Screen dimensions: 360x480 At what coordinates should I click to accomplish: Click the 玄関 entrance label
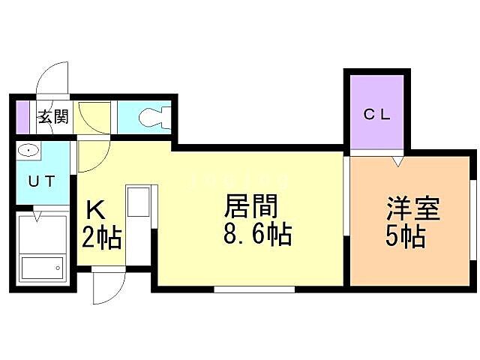tap(53, 116)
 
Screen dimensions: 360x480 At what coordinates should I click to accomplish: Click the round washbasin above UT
tap(28, 151)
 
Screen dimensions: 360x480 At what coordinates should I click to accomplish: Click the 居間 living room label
tap(252, 206)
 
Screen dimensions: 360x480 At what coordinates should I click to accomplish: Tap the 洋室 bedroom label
tap(412, 208)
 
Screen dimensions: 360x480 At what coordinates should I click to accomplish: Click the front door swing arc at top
tap(52, 76)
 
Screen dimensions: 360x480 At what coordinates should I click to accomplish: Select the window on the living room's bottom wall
tap(253, 289)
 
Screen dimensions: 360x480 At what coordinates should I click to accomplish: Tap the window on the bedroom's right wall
tap(472, 220)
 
